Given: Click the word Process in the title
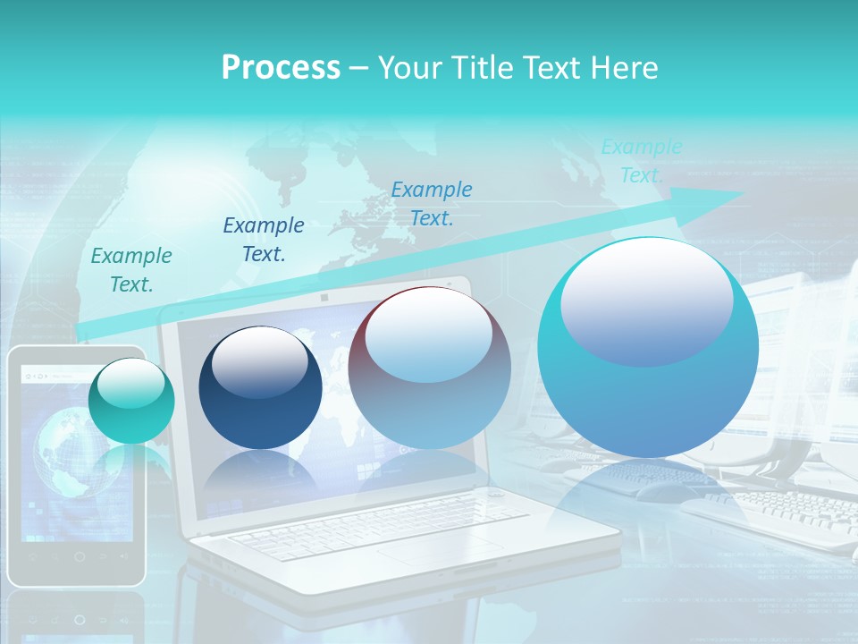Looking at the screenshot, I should [x=281, y=68].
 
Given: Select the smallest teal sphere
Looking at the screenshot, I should [x=131, y=401].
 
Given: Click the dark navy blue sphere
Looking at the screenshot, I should [x=260, y=388].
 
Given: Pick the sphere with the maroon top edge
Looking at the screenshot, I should [x=429, y=369].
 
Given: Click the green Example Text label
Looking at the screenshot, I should [x=131, y=270].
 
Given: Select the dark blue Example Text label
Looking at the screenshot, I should [x=264, y=240].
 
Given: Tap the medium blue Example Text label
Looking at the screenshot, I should [x=432, y=203].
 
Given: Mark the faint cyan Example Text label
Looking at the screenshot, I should [x=641, y=161].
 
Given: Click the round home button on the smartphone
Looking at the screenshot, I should [x=79, y=556].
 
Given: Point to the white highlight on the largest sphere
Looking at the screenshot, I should [x=646, y=302].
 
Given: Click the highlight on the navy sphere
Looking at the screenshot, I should [x=259, y=361].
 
